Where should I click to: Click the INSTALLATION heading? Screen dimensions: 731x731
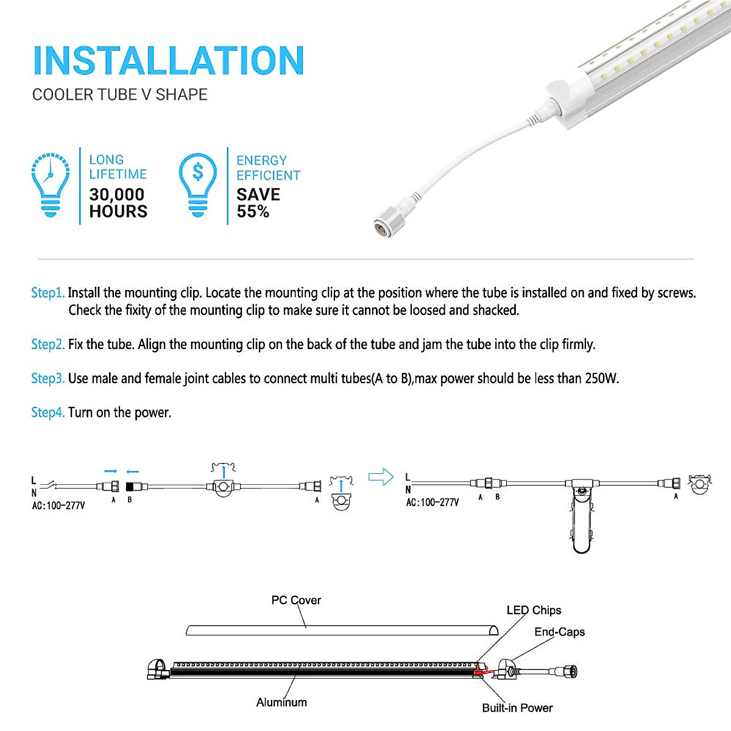pyautogui.click(x=168, y=61)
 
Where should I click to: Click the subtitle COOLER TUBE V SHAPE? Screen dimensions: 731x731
pyautogui.click(x=119, y=95)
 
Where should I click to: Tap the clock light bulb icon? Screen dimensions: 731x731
pyautogui.click(x=50, y=184)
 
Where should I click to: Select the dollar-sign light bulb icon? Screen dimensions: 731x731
pyautogui.click(x=197, y=184)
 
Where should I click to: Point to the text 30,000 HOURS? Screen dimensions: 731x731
pyautogui.click(x=118, y=203)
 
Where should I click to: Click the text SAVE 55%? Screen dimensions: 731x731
pyautogui.click(x=258, y=203)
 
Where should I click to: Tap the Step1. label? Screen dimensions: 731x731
pyautogui.click(x=48, y=293)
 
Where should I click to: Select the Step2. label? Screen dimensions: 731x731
pyautogui.click(x=48, y=344)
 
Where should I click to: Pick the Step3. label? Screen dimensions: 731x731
pyautogui.click(x=48, y=378)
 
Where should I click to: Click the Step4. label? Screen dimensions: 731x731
pyautogui.click(x=48, y=412)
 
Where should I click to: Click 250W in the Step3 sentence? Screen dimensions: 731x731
pyautogui.click(x=601, y=378)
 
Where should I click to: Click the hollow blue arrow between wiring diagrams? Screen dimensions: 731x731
pyautogui.click(x=381, y=477)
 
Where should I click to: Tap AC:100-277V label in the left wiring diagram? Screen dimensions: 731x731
pyautogui.click(x=58, y=506)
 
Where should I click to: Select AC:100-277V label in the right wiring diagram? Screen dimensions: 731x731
pyautogui.click(x=433, y=503)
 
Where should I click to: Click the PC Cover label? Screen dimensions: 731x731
pyautogui.click(x=296, y=600)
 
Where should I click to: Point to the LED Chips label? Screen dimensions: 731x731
pyautogui.click(x=534, y=610)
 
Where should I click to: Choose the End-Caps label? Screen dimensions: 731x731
pyautogui.click(x=559, y=632)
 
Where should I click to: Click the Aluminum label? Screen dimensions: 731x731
pyautogui.click(x=281, y=702)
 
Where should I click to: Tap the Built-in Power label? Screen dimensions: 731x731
pyautogui.click(x=517, y=708)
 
